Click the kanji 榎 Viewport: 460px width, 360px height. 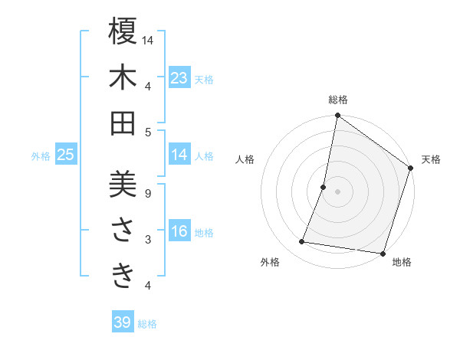pyautogui.click(x=123, y=32)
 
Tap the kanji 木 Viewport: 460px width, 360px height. pyautogui.click(x=123, y=77)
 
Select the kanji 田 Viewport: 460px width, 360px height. pyautogui.click(x=123, y=123)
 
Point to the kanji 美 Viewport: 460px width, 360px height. pyautogui.click(x=123, y=185)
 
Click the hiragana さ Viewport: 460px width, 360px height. pyautogui.click(x=123, y=231)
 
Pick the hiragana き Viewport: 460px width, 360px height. pyautogui.click(x=123, y=275)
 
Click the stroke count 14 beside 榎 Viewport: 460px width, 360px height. pyautogui.click(x=149, y=41)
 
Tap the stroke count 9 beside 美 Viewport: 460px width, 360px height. pyautogui.click(x=147, y=194)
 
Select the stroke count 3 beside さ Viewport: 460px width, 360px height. pyautogui.click(x=147, y=240)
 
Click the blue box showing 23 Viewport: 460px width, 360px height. pyautogui.click(x=179, y=78)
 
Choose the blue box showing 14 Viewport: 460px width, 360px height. pyautogui.click(x=179, y=155)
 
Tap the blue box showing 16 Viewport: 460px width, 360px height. pyautogui.click(x=179, y=232)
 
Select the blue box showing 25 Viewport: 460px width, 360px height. pyautogui.click(x=65, y=155)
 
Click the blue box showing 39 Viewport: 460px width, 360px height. pyautogui.click(x=123, y=322)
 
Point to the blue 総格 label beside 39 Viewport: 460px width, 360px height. pyautogui.click(x=147, y=324)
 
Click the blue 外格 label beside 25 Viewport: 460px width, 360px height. pyautogui.click(x=41, y=156)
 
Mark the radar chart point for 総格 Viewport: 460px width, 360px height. pyautogui.click(x=337, y=116)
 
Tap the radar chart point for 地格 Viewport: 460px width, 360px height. pyautogui.click(x=383, y=253)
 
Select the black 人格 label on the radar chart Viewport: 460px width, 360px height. pyautogui.click(x=245, y=160)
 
